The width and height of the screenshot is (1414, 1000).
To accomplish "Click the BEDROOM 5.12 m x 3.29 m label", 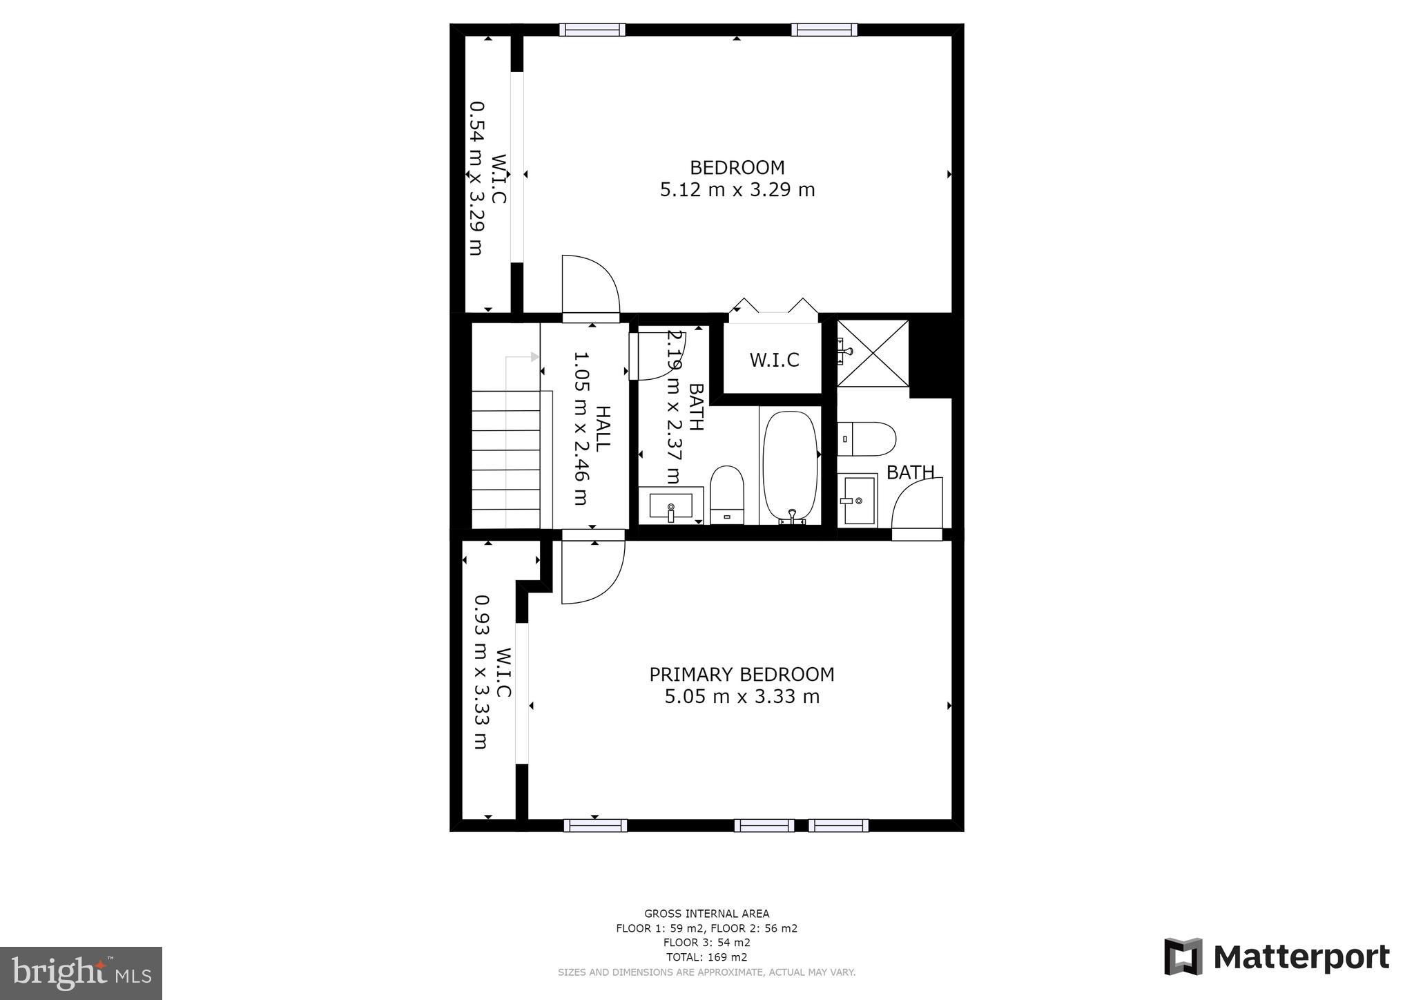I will (x=737, y=178).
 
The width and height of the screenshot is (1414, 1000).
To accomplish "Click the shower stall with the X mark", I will (x=873, y=353).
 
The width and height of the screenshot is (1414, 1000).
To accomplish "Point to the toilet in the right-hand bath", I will (x=867, y=439).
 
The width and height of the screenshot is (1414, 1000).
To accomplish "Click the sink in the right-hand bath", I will (x=857, y=501).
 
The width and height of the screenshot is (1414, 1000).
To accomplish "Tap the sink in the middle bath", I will (x=670, y=506).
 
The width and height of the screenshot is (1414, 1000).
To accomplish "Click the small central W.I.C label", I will (x=774, y=360).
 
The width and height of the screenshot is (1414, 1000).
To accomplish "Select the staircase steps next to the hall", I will (x=505, y=459).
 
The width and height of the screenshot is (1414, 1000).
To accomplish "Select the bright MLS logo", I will (x=81, y=972).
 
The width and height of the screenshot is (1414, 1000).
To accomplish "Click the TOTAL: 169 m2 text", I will (x=706, y=957).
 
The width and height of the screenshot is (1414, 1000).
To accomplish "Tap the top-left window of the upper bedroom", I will (x=592, y=30).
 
